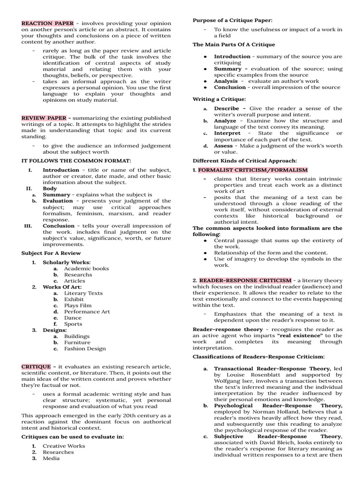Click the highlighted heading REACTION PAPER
47,23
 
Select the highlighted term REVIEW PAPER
46,118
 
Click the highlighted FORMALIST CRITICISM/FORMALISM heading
253,170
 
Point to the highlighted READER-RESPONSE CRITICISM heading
252,280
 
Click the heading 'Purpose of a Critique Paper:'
232,20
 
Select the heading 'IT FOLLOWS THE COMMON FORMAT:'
76,161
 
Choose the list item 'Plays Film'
78,305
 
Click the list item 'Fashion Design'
85,349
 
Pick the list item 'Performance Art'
87,312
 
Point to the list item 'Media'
51,458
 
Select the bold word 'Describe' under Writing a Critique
229,108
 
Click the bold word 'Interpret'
227,133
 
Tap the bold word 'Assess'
223,146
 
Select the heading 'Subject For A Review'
51,253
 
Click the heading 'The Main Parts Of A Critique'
233,45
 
